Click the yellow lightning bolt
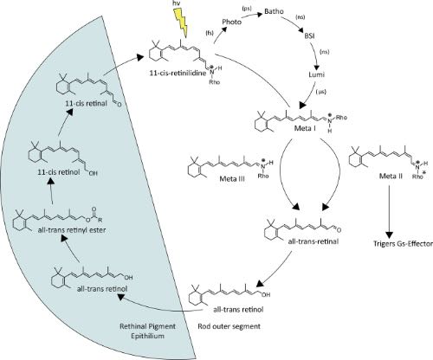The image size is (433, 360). [x=180, y=22]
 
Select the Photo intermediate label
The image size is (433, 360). [x=232, y=22]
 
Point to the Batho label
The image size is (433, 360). [x=275, y=11]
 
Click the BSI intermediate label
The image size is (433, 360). [x=309, y=36]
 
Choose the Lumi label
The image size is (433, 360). [x=317, y=74]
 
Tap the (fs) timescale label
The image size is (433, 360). [x=210, y=33]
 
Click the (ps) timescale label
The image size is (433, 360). [x=247, y=9]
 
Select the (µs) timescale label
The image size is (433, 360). [x=321, y=92]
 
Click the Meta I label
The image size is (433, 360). [x=305, y=128]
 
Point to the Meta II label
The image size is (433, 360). [x=391, y=176]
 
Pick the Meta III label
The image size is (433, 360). [x=232, y=179]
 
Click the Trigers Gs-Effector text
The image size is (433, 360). [x=404, y=244]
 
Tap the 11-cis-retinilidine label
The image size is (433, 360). [x=178, y=73]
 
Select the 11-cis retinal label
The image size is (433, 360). [x=86, y=103]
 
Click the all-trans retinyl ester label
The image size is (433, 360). [x=72, y=230]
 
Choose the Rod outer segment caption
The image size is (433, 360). [x=229, y=326]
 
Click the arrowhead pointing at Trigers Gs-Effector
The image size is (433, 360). [x=390, y=234]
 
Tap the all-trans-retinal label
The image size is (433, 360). [x=313, y=241]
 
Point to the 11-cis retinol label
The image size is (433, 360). [x=59, y=172]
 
